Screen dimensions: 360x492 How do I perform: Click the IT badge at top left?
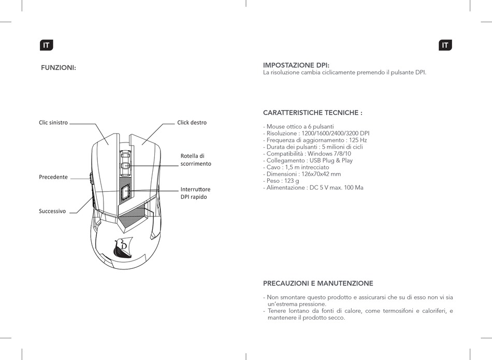[47, 45]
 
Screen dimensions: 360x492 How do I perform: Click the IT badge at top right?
[445, 45]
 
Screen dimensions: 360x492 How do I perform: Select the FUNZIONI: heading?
[59, 67]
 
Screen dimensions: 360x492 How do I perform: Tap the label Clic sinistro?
[53, 123]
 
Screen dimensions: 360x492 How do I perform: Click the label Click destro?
[192, 123]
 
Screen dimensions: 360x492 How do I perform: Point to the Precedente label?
[53, 177]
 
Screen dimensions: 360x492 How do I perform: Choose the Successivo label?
[52, 211]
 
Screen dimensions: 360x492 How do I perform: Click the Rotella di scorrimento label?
[196, 160]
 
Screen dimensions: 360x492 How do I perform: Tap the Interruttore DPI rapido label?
[195, 193]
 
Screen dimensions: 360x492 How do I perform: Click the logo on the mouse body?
[123, 248]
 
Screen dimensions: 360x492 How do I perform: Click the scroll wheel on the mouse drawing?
[125, 161]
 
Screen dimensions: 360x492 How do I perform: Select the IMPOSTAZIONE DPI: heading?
[296, 65]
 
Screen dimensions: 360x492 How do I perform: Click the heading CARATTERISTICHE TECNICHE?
[312, 112]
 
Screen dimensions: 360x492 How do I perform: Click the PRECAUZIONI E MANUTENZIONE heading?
[318, 283]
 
